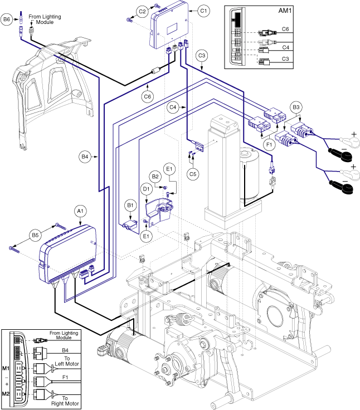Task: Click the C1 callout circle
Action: [203, 10]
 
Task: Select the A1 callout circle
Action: [80, 211]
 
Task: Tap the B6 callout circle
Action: [7, 19]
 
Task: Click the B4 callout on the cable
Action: [85, 158]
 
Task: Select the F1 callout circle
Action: [269, 143]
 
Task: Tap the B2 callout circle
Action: [155, 177]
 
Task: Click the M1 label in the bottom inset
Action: [7, 368]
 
